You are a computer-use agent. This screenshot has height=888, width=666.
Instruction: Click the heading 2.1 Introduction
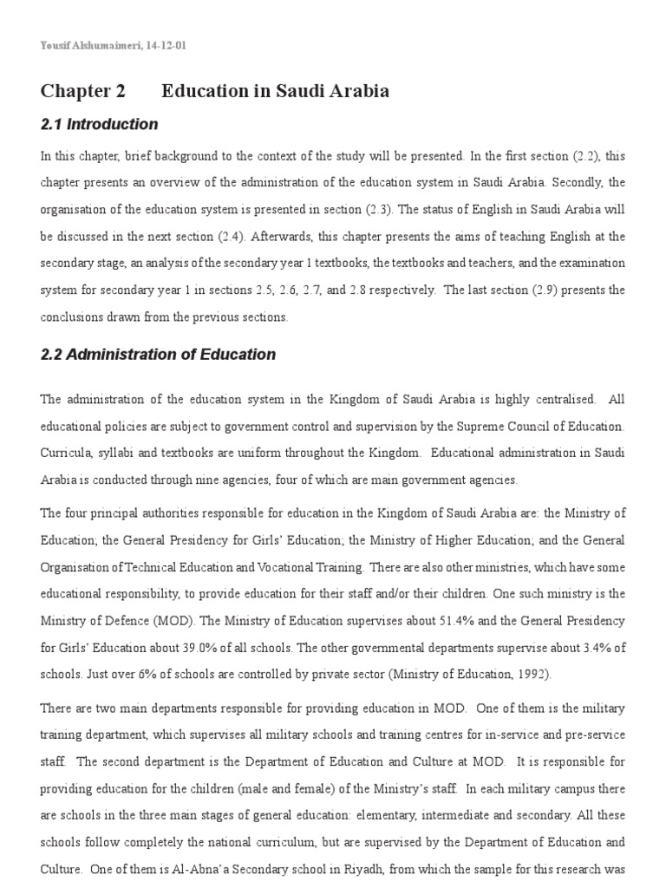pos(100,124)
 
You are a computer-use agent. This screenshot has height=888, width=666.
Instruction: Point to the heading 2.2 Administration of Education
pos(158,354)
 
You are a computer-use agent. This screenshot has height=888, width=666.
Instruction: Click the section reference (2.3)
pos(363,209)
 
